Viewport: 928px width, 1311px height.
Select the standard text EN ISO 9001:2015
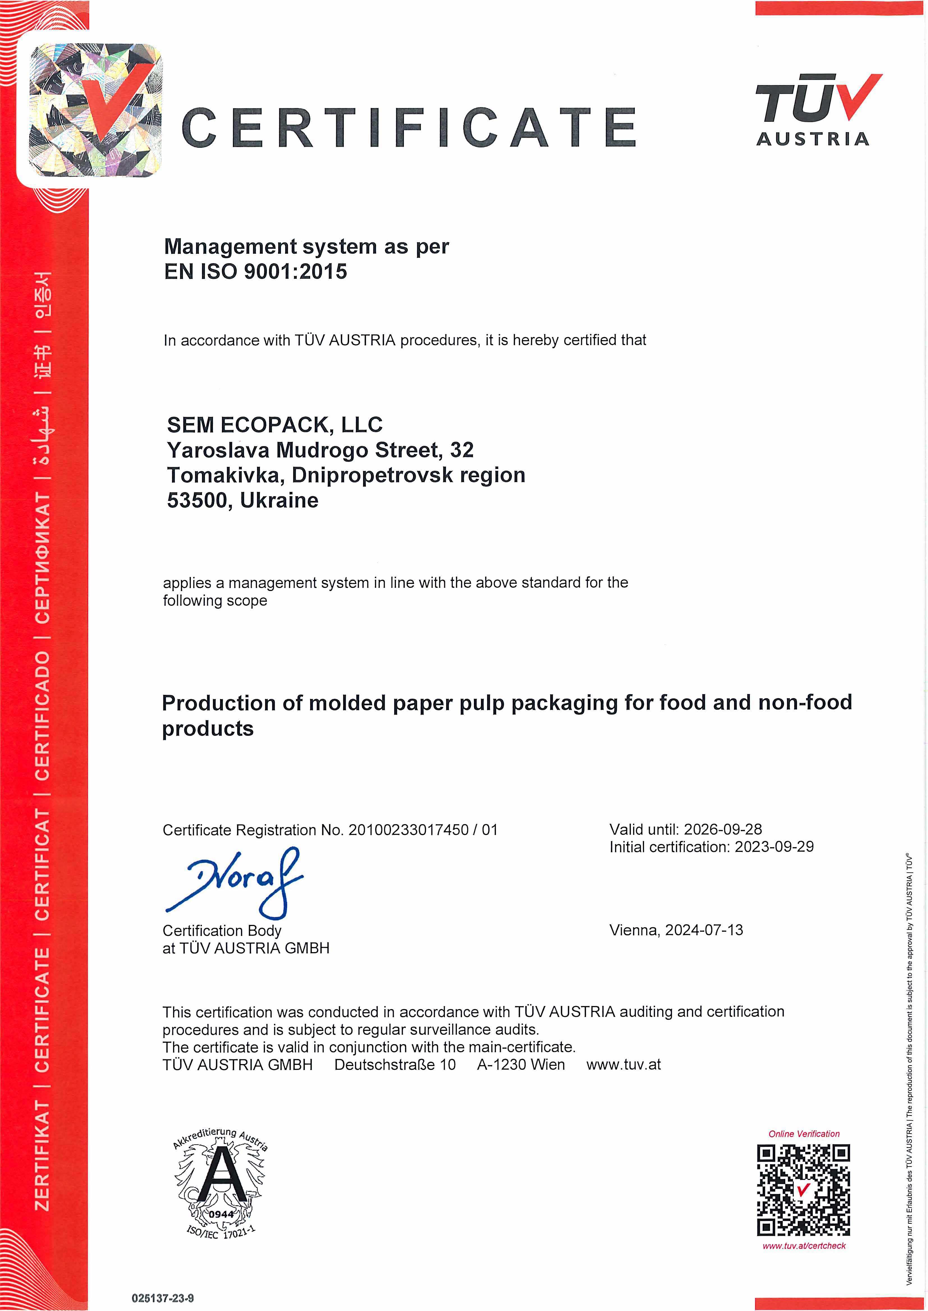pyautogui.click(x=255, y=271)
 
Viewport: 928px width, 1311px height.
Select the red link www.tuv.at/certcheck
pyautogui.click(x=803, y=1246)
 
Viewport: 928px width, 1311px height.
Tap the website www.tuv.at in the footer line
pyautogui.click(x=624, y=1065)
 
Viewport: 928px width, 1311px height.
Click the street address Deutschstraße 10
pyautogui.click(x=395, y=1065)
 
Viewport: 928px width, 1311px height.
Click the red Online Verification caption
pyautogui.click(x=803, y=1134)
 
